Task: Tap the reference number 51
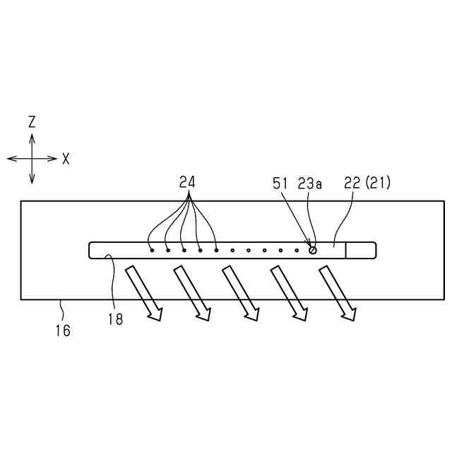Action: click(x=280, y=184)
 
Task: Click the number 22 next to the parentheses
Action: click(x=351, y=183)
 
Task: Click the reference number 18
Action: click(x=115, y=319)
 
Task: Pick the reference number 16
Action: click(x=63, y=329)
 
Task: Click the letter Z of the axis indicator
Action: click(x=32, y=122)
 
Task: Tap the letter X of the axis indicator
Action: click(x=66, y=159)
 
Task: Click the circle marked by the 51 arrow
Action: click(x=312, y=249)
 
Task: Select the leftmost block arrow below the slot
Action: click(x=145, y=292)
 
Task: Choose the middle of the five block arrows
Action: click(x=241, y=292)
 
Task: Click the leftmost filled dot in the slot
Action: click(x=152, y=249)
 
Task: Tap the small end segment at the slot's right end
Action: click(x=360, y=250)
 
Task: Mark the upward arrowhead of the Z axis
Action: click(x=32, y=136)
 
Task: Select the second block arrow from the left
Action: click(x=193, y=292)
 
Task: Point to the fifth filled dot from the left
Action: click(x=216, y=249)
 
